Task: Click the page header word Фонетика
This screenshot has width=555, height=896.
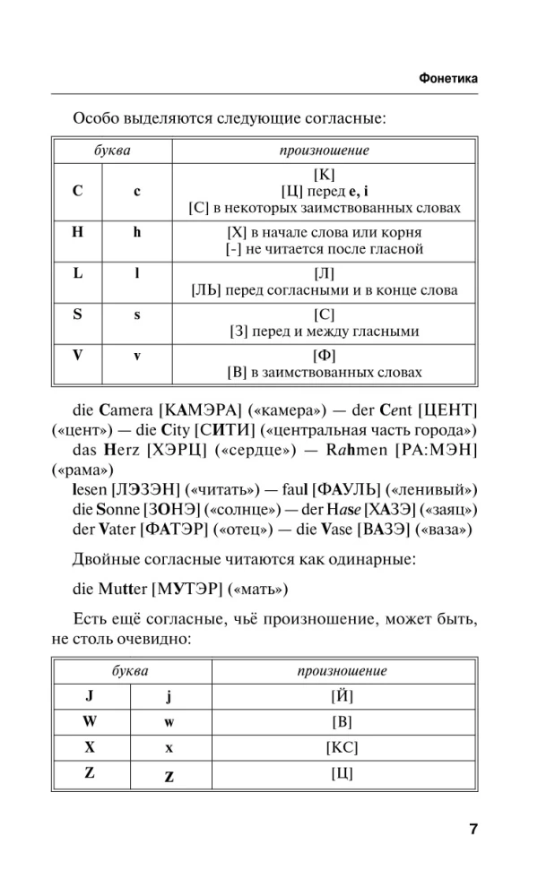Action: (447, 79)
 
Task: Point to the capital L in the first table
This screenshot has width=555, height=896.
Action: (78, 271)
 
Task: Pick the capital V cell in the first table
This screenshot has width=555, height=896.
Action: (78, 354)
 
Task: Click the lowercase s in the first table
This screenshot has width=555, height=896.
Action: (137, 314)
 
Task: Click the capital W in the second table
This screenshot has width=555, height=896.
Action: (90, 720)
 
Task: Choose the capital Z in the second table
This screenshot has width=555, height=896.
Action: (90, 772)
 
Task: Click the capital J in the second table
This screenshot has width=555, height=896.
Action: (90, 694)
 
